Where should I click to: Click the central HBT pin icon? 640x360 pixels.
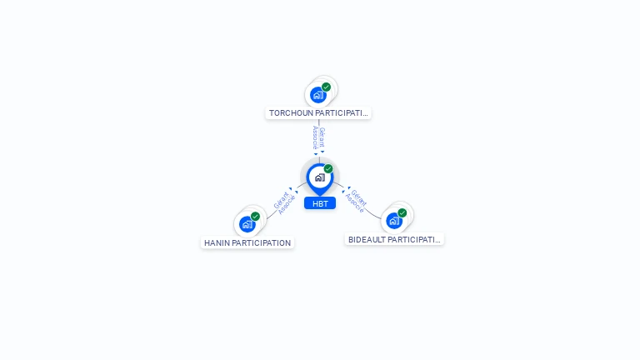click(x=319, y=177)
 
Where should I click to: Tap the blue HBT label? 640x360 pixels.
click(x=320, y=203)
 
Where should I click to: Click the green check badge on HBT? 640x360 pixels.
click(x=328, y=169)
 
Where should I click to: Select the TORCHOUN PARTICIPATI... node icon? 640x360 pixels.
click(x=317, y=95)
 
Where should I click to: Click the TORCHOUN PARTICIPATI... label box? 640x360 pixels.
click(x=318, y=112)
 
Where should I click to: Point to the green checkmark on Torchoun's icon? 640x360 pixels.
click(x=326, y=87)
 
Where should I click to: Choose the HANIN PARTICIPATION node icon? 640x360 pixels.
click(x=247, y=224)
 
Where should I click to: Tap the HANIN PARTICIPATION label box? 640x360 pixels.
click(x=247, y=243)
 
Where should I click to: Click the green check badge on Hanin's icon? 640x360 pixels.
click(x=255, y=217)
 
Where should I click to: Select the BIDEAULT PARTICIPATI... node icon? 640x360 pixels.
click(x=393, y=221)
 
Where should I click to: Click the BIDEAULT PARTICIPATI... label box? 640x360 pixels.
click(x=394, y=239)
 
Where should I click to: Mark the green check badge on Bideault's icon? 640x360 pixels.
click(x=402, y=213)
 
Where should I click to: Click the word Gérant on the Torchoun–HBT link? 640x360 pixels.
click(x=322, y=136)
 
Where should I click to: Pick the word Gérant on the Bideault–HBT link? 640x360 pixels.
click(x=358, y=197)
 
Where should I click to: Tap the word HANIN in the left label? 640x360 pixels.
click(x=217, y=243)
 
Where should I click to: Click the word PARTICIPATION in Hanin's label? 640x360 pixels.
click(x=262, y=243)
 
